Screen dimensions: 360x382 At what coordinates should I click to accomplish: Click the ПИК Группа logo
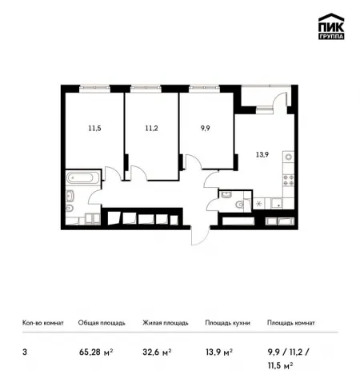point(331,26)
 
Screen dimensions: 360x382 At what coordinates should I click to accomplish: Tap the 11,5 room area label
point(94,129)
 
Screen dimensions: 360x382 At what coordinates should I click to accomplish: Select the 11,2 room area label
point(151,129)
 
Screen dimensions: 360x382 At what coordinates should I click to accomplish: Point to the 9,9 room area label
point(206,129)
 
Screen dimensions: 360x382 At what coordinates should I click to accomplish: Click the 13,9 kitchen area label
point(262,154)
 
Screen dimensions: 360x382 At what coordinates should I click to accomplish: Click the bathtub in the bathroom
point(83,177)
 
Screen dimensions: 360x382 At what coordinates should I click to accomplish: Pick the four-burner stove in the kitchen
point(288,180)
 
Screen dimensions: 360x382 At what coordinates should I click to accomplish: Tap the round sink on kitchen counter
point(288,157)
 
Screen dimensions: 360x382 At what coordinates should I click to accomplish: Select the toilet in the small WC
point(240,205)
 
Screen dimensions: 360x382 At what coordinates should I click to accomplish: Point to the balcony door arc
point(278,98)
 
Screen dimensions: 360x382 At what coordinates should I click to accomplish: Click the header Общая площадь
point(102,323)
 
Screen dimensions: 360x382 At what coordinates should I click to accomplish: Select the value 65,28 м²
point(96,352)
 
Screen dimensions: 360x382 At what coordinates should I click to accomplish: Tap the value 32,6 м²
point(157,352)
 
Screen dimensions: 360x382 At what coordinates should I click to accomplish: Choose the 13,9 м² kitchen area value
point(219,352)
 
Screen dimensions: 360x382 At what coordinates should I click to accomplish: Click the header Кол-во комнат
point(43,323)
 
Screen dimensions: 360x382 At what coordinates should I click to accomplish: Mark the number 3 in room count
point(25,352)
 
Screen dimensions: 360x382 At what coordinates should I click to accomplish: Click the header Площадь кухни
point(227,323)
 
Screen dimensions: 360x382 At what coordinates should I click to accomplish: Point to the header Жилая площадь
point(166,323)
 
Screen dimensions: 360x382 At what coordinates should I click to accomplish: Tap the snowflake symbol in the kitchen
point(258,205)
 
